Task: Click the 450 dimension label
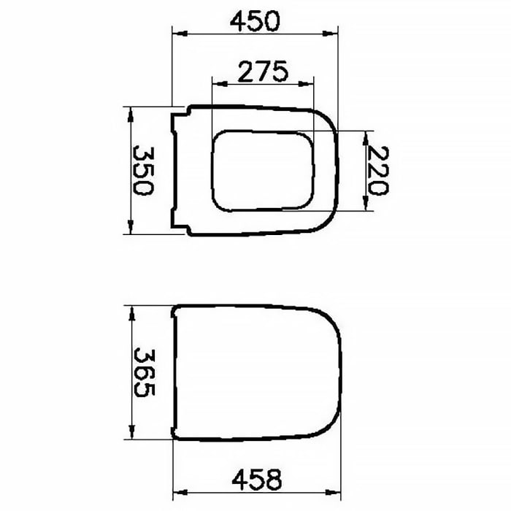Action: point(255,21)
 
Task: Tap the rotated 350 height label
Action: point(142,170)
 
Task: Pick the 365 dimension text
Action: point(142,372)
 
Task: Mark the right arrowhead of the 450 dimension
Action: point(335,33)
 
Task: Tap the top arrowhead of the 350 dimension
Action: point(130,111)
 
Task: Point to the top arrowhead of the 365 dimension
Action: point(130,310)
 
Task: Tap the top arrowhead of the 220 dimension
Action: point(365,136)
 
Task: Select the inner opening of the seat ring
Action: point(262,170)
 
